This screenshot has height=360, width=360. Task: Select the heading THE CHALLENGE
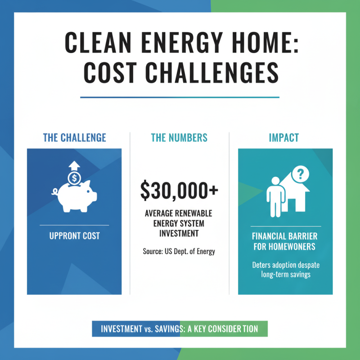click(x=74, y=138)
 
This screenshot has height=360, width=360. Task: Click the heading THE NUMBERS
click(x=180, y=138)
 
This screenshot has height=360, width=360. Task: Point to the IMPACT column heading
click(x=284, y=138)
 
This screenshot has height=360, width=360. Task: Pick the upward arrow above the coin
click(x=74, y=165)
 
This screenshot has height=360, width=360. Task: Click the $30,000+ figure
click(x=179, y=190)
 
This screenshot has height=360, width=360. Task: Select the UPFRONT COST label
click(x=74, y=236)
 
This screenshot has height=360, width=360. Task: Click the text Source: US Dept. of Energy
click(x=179, y=252)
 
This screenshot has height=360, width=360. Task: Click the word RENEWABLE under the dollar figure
click(x=191, y=212)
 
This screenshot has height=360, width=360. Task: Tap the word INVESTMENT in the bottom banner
click(x=121, y=329)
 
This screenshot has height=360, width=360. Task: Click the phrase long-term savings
click(x=286, y=274)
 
